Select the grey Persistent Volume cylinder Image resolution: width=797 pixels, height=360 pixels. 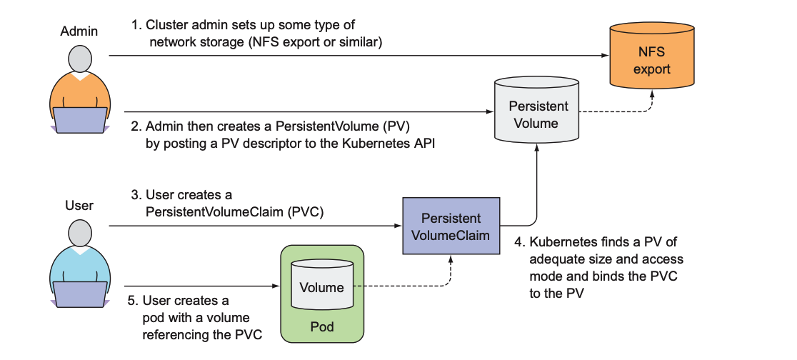pos(538,114)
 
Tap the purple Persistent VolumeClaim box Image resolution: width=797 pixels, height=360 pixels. pos(450,226)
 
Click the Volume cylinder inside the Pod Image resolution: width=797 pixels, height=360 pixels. pos(321,287)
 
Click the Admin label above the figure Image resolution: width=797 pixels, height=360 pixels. pos(79,31)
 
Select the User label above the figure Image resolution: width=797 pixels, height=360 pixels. pos(79,206)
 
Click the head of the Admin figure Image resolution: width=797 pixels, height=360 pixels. pos(80,57)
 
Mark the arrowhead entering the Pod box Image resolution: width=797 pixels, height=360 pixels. pos(274,286)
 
